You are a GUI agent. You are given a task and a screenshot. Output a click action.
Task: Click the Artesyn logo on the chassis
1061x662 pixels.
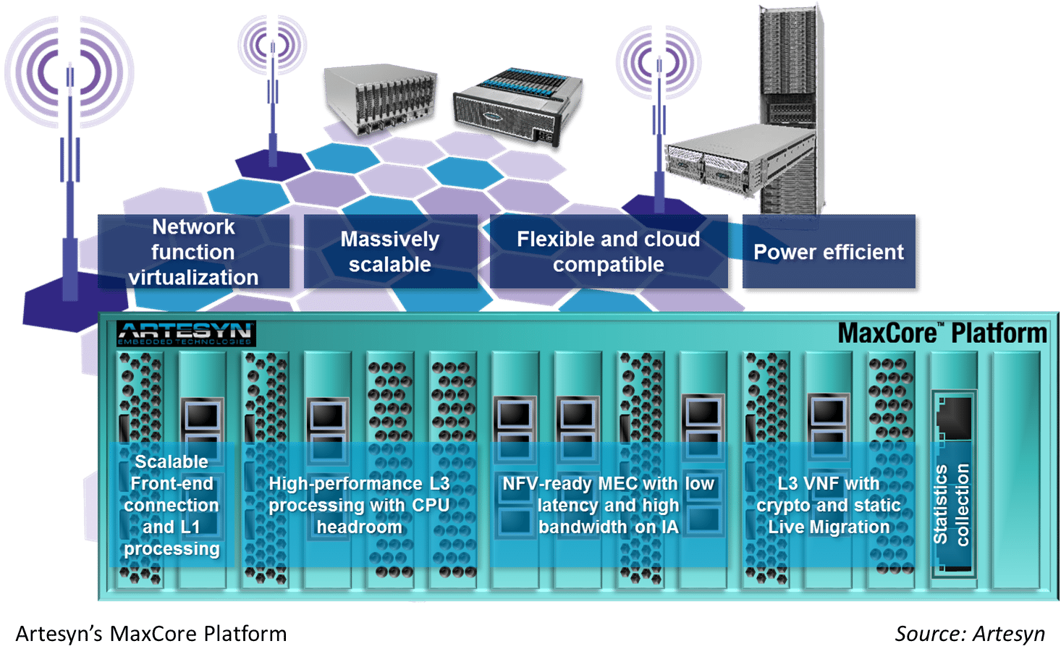[x=186, y=334]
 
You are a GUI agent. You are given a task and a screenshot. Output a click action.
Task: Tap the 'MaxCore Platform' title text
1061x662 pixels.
[x=942, y=333]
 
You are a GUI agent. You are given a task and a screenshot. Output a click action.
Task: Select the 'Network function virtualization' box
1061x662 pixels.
[x=193, y=252]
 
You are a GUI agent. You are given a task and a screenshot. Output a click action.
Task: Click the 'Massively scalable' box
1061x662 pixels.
[x=390, y=252]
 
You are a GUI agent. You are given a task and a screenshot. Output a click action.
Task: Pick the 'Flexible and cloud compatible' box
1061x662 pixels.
[x=608, y=252]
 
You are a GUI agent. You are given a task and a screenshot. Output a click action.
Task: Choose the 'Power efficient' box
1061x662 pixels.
[x=829, y=253]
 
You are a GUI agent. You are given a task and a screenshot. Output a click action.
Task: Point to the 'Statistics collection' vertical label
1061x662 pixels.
[x=951, y=504]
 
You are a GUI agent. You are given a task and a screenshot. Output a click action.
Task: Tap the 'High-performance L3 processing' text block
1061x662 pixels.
[x=359, y=505]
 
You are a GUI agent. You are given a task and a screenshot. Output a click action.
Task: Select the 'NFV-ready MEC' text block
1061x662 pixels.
[x=608, y=505]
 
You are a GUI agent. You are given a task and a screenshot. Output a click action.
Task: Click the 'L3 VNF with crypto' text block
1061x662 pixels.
[x=829, y=505]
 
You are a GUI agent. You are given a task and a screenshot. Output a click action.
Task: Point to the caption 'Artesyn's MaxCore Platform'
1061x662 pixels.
[x=151, y=634]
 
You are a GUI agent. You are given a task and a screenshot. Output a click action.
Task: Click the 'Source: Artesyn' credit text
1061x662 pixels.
[x=970, y=634]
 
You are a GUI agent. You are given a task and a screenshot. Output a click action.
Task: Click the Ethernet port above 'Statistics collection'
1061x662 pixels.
[x=955, y=416]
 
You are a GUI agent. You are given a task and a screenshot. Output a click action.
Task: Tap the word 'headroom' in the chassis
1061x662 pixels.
[x=359, y=527]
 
